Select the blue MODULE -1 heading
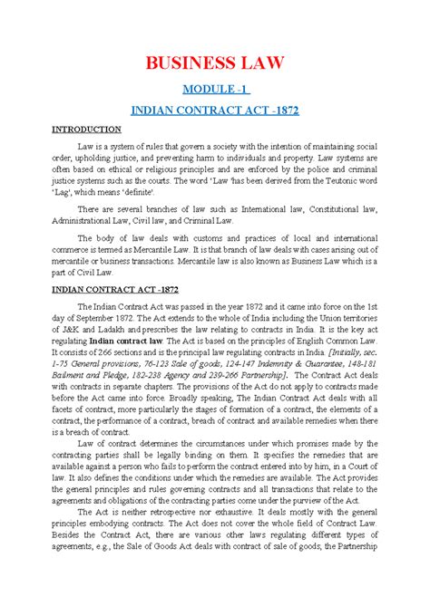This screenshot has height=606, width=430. pyautogui.click(x=215, y=90)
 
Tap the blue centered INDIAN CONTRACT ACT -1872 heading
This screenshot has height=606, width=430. pyautogui.click(x=215, y=110)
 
